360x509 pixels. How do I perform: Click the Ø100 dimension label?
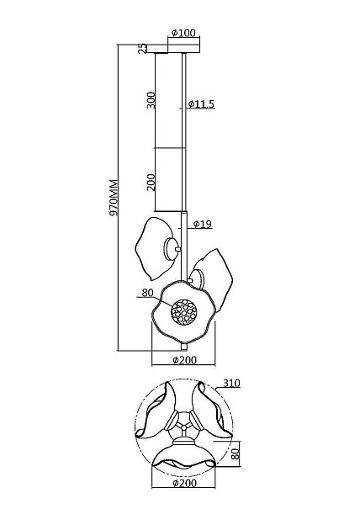pos(183,33)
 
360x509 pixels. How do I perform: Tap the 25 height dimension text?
pos(142,49)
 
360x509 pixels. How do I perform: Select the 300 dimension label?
pos(151,100)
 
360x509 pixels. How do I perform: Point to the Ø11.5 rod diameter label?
pos(201,103)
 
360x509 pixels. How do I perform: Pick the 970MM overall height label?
pos(114,198)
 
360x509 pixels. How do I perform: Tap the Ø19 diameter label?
pos(202,224)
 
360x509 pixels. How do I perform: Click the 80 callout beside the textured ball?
pos(147,293)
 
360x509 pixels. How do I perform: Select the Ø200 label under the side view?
pos(184,360)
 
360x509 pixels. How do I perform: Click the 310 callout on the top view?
pos(231,384)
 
